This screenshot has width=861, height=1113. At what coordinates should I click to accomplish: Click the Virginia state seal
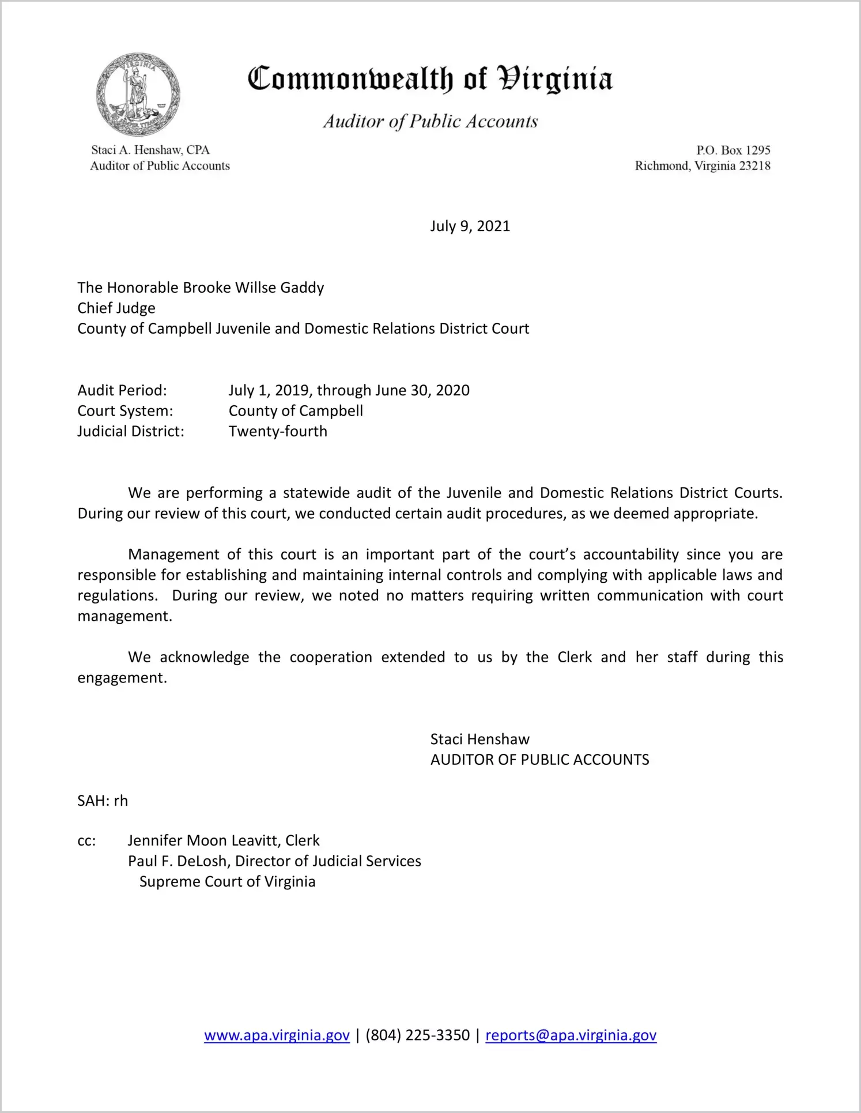pos(138,95)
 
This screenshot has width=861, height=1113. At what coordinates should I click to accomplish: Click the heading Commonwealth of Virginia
pos(430,79)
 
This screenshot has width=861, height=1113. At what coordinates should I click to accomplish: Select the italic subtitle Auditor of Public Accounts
pos(430,121)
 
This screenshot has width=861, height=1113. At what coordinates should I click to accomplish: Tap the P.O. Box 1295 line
pos(732,150)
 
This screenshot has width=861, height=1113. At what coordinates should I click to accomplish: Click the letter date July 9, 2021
pos(470,226)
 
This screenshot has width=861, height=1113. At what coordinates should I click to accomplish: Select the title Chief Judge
pos(116,308)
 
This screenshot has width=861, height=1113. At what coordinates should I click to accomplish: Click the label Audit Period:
pos(122,390)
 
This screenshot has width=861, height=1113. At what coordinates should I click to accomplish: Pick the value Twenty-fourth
pos(278,431)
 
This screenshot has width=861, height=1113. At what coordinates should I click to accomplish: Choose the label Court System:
pos(125,411)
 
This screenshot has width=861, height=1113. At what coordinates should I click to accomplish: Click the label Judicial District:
pos(131,431)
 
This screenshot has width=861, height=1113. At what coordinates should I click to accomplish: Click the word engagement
pos(122,678)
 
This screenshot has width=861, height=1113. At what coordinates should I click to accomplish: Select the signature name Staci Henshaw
pos(479,740)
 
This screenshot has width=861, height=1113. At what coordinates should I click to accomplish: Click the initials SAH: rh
pos(103,801)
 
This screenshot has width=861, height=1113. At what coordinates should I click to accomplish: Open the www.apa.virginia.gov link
pos(277,1035)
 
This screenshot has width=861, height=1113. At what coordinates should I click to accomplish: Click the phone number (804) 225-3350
pos(417,1035)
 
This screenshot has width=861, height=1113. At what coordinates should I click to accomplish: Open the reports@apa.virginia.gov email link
pos(571,1035)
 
